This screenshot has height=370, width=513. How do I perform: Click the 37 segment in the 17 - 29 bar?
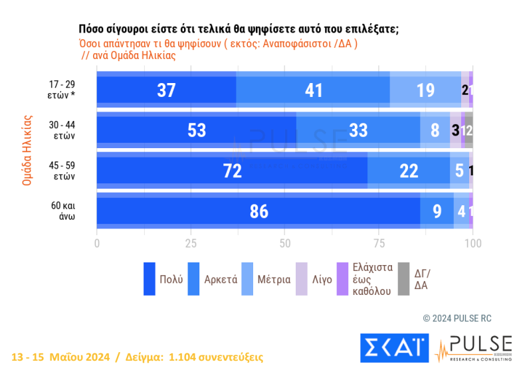click(166, 90)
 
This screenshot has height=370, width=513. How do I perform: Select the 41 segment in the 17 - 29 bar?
click(313, 90)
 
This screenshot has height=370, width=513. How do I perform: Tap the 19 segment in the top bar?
click(425, 90)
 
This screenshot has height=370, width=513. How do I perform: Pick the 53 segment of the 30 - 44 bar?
click(197, 130)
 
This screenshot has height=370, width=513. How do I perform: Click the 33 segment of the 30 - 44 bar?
click(358, 130)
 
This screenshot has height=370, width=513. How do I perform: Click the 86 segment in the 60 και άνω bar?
click(258, 211)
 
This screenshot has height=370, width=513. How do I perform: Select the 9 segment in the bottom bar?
click(437, 211)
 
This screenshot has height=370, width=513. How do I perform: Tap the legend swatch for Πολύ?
click(150, 279)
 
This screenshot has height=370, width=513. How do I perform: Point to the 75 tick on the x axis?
click(379, 242)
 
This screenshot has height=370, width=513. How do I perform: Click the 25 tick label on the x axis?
click(191, 242)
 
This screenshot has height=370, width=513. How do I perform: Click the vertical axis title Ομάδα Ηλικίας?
click(27, 149)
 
